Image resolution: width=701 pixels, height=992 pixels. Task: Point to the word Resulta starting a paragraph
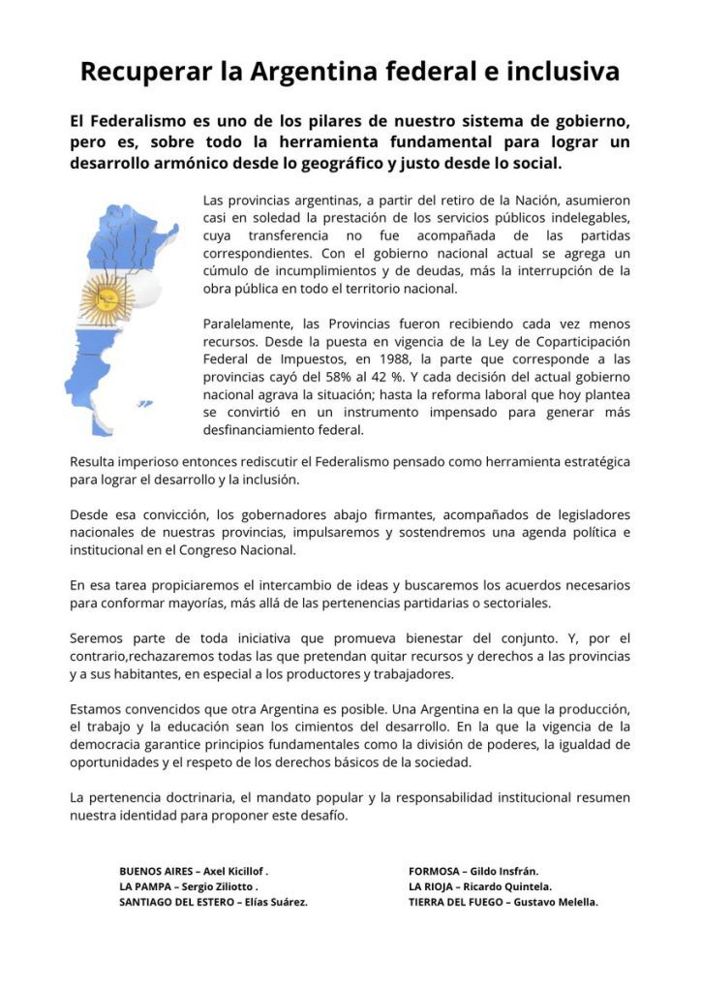94,462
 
